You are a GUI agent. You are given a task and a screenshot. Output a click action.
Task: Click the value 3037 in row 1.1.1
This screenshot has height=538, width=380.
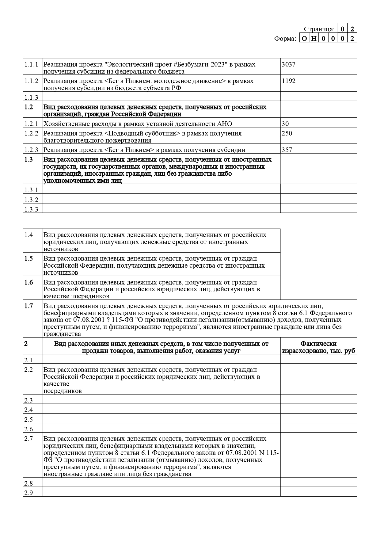point(288,64)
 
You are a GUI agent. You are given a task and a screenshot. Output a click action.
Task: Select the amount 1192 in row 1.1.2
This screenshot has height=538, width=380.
point(288,81)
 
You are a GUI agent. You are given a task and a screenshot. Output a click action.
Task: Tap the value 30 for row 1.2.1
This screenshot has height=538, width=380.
point(285,124)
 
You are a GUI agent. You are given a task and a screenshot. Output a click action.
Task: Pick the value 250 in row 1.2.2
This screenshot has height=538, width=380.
point(287,133)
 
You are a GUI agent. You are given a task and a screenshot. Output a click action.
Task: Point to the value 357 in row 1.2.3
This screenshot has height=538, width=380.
point(287,150)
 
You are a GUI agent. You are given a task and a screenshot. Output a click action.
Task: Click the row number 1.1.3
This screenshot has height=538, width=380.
point(31,97)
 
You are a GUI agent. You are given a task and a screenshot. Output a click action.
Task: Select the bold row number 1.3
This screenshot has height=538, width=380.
point(28,159)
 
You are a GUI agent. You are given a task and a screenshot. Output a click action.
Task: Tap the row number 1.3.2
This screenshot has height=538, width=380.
point(31,200)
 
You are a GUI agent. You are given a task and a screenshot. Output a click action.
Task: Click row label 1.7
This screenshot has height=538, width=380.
point(28,306)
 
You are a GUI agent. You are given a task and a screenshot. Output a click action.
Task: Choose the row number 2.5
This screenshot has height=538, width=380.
point(28,419)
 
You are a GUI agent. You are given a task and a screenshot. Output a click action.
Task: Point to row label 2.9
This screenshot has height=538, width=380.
point(28,493)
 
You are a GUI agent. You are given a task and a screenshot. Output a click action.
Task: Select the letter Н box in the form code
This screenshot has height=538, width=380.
point(314,39)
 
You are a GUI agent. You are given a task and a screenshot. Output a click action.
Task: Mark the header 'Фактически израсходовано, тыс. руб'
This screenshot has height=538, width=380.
point(318,347)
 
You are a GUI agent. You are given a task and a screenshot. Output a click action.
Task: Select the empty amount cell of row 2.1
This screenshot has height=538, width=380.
point(318,360)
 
